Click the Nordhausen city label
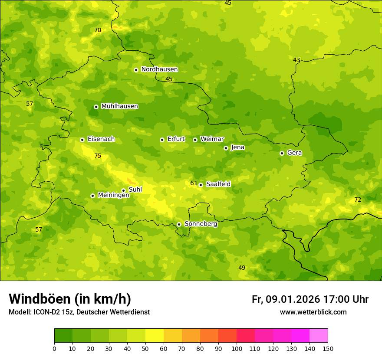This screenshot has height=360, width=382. coord(159,69)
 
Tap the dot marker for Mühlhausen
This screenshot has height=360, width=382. coord(96,107)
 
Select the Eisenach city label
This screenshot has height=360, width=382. coord(101,139)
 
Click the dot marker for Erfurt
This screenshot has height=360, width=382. coord(162,140)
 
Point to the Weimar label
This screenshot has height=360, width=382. coord(212,139)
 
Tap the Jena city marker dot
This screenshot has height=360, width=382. coord(226,148)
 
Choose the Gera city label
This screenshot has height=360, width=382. coord(294,153)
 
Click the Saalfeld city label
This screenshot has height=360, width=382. coord(218,184)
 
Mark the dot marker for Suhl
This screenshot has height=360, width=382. coord(123,190)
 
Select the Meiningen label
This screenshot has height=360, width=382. coord(113,195)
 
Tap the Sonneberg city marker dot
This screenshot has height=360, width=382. coord(179,224)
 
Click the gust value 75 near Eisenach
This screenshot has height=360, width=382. coord(98,156)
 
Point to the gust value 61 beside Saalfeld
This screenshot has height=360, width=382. coord(194,183)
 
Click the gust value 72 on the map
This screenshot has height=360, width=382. coord(358,200)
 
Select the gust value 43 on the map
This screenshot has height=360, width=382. coord(296,60)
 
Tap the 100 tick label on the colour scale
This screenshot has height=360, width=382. coord(237,348)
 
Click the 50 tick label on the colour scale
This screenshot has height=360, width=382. coord(145,348)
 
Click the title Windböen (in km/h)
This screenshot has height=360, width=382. coord(70,299)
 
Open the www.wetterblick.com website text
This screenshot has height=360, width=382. coord(313,312)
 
